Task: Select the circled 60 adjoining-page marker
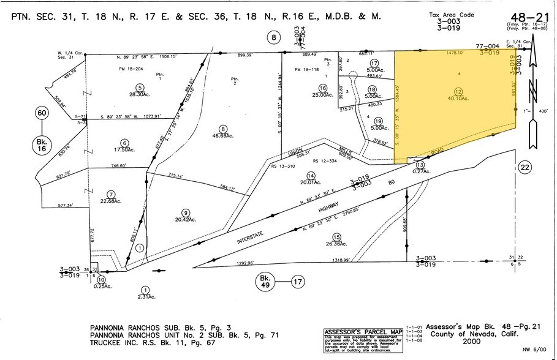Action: (42, 113)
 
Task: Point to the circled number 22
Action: (524, 167)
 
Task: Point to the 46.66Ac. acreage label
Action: (223, 135)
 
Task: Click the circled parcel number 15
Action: (336, 237)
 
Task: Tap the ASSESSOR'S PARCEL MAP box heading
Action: (363, 332)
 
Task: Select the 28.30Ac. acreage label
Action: (140, 95)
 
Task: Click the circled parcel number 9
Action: (184, 212)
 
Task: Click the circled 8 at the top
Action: (274, 38)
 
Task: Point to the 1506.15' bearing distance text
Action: (165, 56)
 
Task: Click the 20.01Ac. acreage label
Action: (311, 182)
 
